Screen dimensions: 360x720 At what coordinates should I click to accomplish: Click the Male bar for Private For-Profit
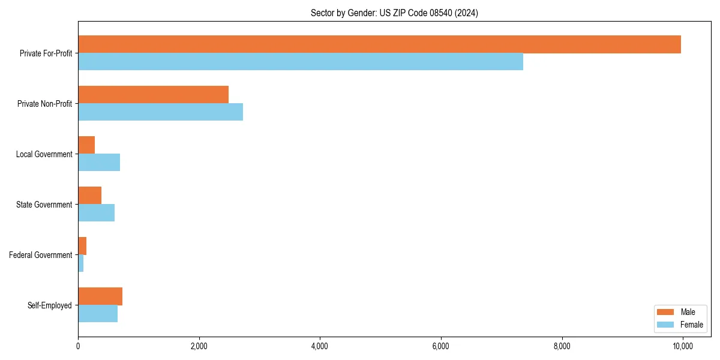coord(379,44)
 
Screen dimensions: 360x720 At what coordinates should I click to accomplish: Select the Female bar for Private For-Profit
coord(300,62)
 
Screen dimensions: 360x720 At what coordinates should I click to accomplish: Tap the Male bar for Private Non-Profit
coord(153,95)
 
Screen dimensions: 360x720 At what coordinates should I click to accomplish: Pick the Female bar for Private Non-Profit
coord(160,112)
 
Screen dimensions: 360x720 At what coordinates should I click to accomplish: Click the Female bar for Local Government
coord(99,163)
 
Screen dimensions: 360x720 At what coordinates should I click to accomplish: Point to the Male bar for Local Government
coord(86,145)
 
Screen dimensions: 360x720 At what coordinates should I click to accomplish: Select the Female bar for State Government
coord(96,213)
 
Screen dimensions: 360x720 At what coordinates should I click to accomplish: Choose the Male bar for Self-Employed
coord(100,296)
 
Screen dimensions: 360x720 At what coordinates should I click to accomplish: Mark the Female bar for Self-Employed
coord(98,314)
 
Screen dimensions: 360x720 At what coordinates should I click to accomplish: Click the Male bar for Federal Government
coord(82,246)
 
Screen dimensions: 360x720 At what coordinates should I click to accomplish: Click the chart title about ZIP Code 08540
coord(394,13)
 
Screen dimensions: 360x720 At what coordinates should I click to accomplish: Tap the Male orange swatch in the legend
coord(666,312)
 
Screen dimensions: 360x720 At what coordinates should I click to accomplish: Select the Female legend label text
coord(691,325)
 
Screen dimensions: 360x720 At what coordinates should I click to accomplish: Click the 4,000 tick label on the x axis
coord(320,346)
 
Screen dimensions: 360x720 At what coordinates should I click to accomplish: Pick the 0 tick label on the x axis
coord(78,346)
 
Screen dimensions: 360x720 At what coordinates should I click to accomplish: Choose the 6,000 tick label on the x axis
coord(440,346)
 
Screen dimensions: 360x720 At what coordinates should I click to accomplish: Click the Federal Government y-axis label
coord(40,255)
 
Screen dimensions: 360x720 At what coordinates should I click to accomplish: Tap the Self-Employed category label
coord(49,305)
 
